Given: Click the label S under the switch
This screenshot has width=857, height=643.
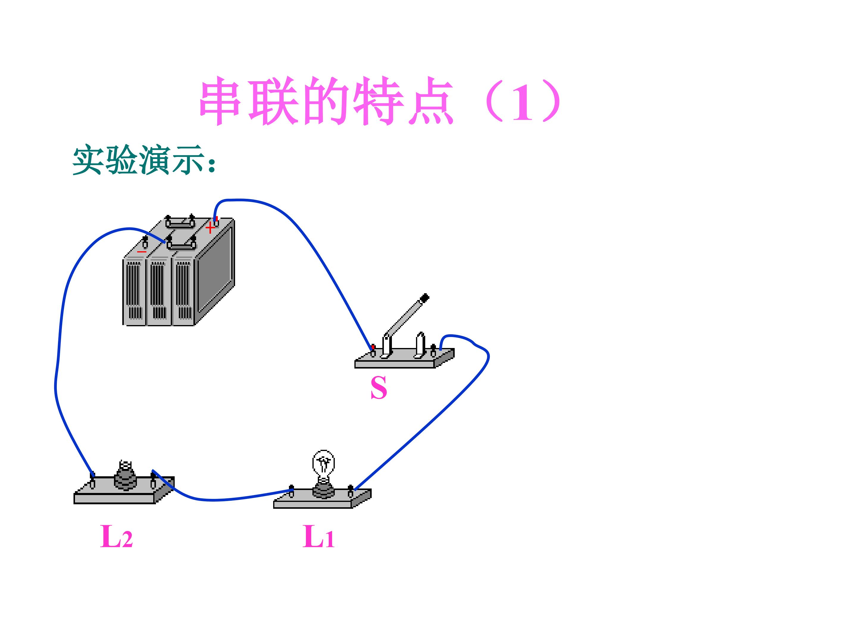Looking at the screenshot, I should pos(379,388).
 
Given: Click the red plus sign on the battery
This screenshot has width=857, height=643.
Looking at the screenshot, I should pos(210,228).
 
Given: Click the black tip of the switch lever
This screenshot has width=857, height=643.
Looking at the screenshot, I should pos(425,298).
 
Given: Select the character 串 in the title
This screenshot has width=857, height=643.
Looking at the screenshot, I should pos(220,101).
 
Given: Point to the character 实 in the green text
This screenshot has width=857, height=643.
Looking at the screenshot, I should pos(88,160).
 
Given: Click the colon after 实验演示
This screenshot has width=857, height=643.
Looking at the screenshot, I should pos(211,165).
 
